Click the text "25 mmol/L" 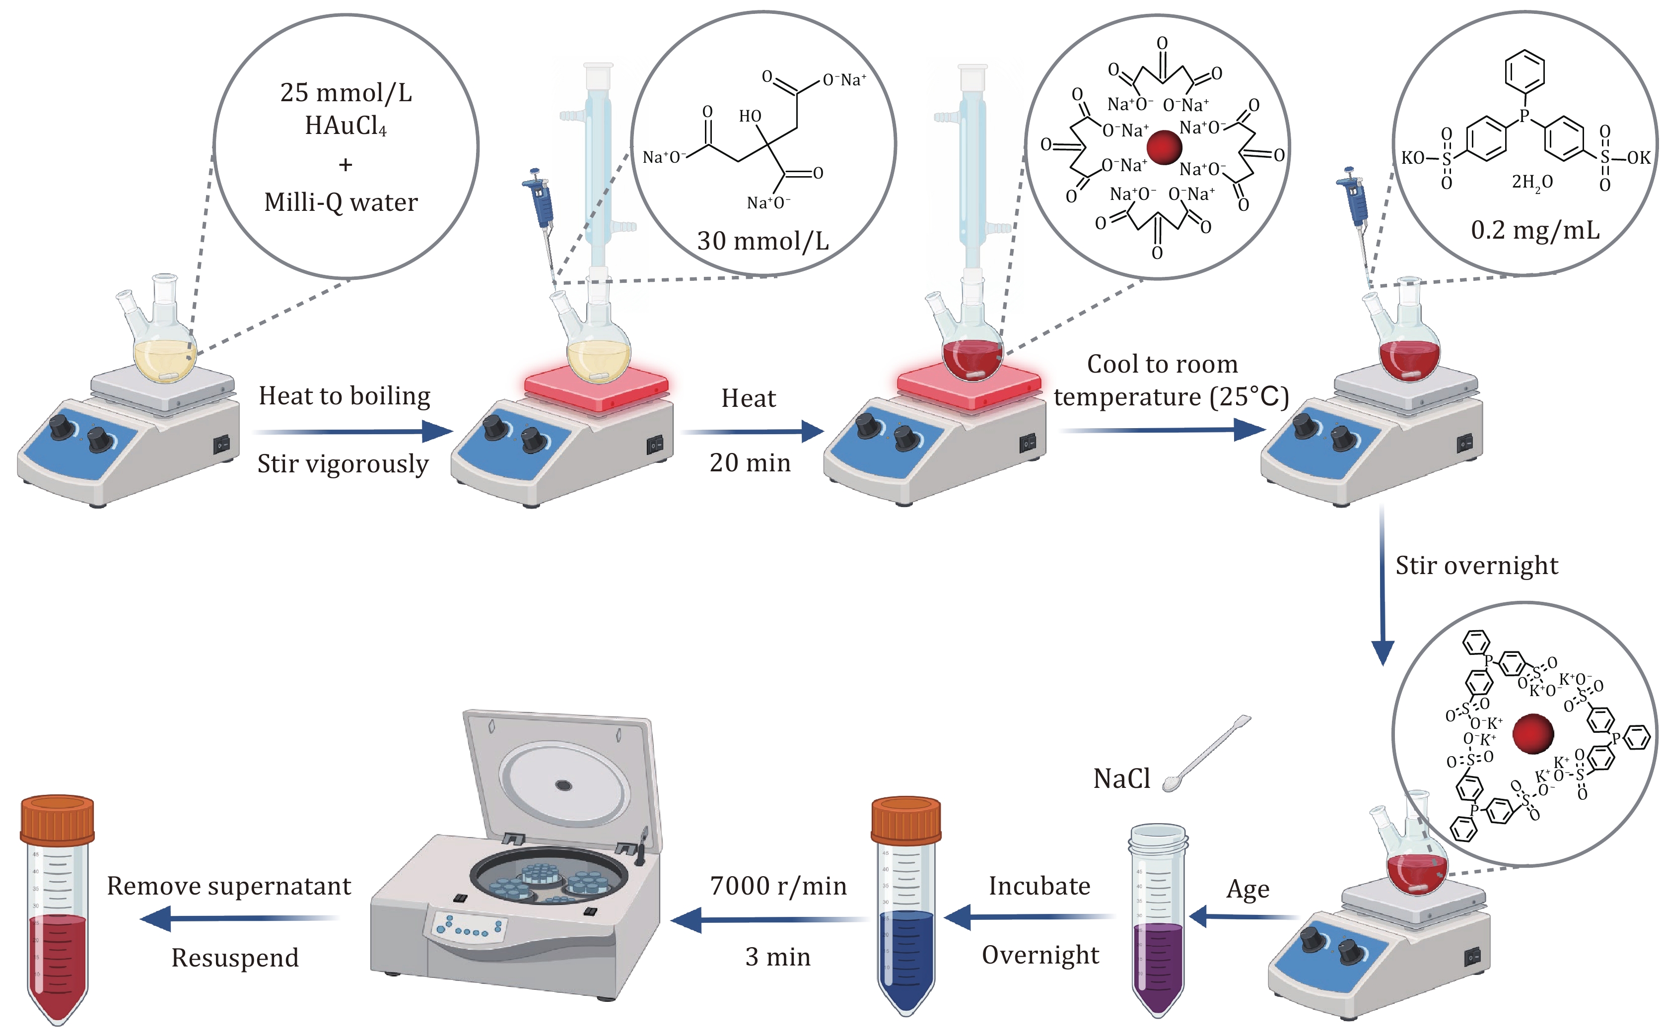click(346, 93)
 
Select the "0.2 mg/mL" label click(1535, 231)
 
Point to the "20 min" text click(750, 463)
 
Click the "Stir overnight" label click(1476, 566)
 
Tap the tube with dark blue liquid click(906, 908)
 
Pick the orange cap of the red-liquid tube click(58, 819)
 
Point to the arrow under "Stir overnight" click(1383, 587)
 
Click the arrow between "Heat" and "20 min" click(751, 431)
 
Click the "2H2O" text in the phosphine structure click(1532, 182)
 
